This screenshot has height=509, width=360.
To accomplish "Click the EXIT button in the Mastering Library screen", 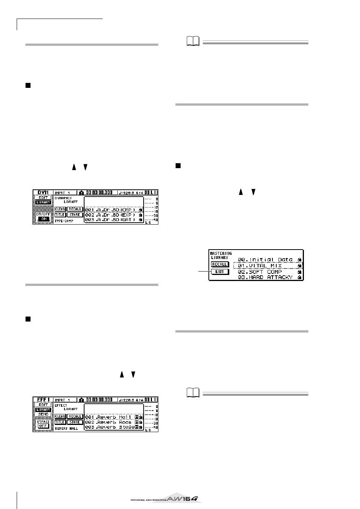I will [220, 272].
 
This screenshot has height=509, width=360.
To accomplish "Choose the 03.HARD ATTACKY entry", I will [265, 278].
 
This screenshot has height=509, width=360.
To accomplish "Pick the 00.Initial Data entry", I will [265, 260].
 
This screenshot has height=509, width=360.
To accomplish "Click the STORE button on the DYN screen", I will [75, 215].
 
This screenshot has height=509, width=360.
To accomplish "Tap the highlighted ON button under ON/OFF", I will [44, 219].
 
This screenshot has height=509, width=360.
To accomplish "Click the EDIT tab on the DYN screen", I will [44, 198].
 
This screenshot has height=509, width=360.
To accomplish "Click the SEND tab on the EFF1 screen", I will [44, 414].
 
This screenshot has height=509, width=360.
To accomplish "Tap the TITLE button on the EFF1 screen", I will [60, 422].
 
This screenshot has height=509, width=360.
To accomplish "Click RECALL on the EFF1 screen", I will [75, 417].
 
